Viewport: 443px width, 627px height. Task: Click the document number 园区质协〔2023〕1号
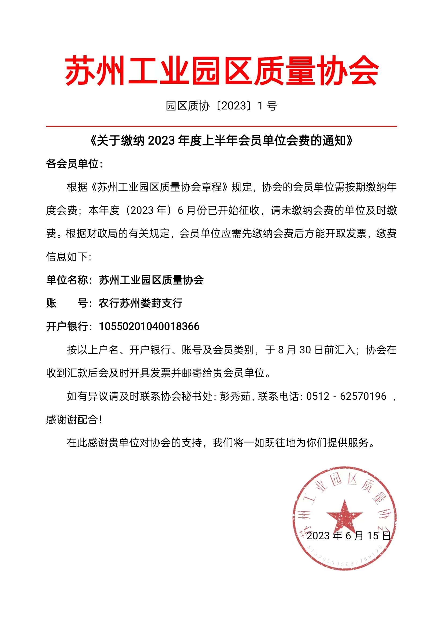pos(221,106)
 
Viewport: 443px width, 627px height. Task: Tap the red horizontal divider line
pos(221,126)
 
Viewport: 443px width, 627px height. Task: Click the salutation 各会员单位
pos(73,164)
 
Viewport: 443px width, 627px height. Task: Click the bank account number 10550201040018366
pos(149,327)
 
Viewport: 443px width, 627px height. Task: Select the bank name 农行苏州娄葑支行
pos(140,303)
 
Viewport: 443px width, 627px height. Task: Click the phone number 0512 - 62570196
pos(346,396)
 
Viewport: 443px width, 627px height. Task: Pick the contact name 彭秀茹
pos(235,396)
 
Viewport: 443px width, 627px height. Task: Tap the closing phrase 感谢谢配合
pos(72,420)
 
